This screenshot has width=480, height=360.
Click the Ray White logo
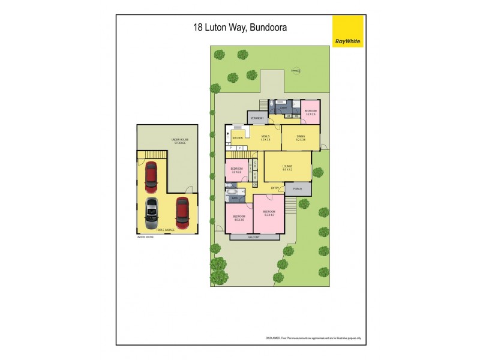[x=347, y=31]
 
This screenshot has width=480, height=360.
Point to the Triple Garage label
[x=164, y=230]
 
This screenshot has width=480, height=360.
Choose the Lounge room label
[x=287, y=166]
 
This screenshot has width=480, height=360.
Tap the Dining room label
[x=301, y=137]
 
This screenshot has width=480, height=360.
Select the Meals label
[x=265, y=137]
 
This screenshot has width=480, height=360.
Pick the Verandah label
[x=257, y=118]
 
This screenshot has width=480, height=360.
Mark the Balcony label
[x=254, y=237]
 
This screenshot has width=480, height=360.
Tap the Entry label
[x=275, y=188]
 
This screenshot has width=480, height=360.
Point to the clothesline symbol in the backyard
[x=295, y=71]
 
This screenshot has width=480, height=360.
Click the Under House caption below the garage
[x=146, y=237]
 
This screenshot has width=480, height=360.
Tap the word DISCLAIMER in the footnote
[x=274, y=338]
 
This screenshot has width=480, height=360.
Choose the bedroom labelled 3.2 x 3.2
[x=237, y=170]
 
